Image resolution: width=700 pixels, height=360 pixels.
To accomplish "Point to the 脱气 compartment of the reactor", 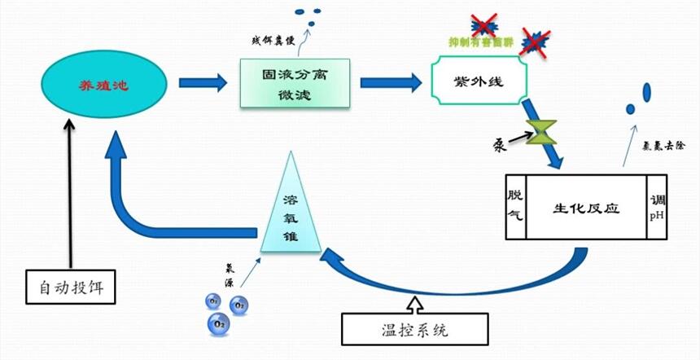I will click(x=515, y=206).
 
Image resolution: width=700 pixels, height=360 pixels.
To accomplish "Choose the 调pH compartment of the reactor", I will click(x=658, y=206).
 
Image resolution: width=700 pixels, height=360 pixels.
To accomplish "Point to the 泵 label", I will click(x=500, y=145).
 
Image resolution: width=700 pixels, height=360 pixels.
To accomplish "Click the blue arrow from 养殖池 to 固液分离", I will click(x=202, y=82).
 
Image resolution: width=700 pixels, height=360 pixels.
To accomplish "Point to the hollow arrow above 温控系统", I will click(x=415, y=305).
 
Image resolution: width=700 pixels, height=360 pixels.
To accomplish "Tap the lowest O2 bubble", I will click(x=219, y=323).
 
